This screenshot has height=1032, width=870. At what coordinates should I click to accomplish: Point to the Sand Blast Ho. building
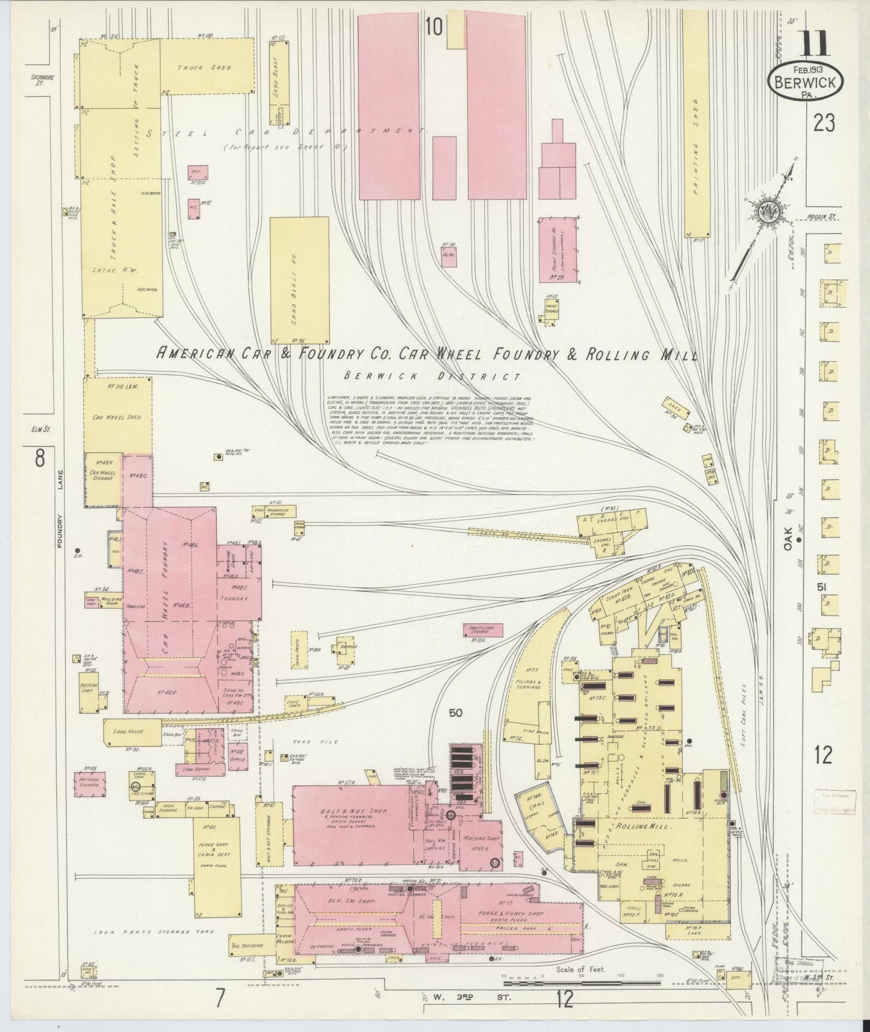tap(299, 281)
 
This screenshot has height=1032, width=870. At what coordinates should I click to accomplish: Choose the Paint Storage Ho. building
tap(558, 249)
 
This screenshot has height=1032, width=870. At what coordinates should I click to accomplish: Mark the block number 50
tap(456, 713)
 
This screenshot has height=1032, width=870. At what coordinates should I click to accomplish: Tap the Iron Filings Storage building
tap(482, 630)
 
